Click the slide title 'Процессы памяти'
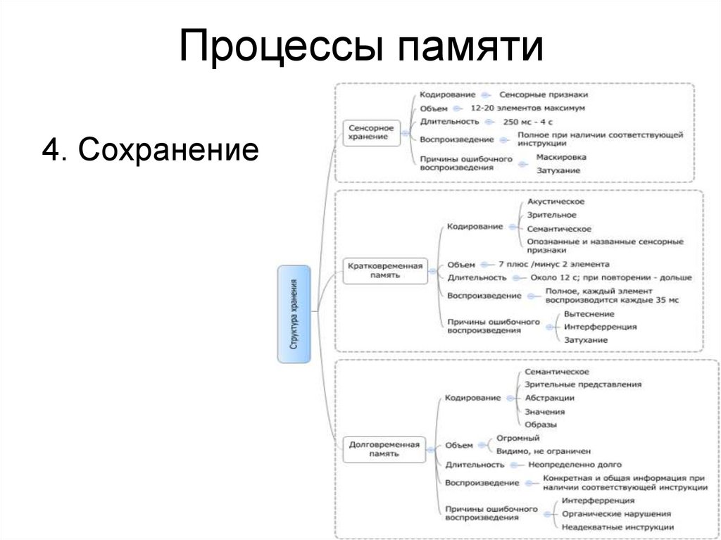coord(361,47)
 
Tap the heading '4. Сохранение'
coord(150,150)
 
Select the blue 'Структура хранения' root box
coord(294,314)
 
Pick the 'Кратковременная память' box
coord(385,270)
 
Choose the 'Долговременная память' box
coord(384,448)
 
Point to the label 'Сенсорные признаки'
coord(544,94)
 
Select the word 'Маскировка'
coord(560,157)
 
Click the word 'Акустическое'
coord(556,202)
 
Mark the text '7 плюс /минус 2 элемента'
coord(553,264)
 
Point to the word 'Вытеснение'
coord(589,314)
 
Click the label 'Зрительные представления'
coord(583,384)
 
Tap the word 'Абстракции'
coord(550,398)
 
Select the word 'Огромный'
coord(518,438)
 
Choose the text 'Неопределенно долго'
coord(575,465)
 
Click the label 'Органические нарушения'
coord(616,514)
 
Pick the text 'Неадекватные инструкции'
coord(617,527)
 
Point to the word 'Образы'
coord(541,425)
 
